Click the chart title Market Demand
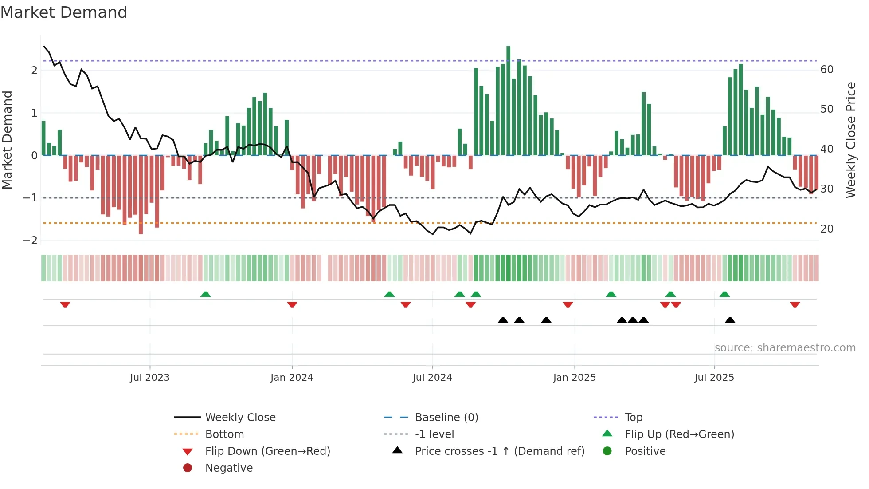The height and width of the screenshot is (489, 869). point(64,12)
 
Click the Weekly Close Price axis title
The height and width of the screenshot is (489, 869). point(850,140)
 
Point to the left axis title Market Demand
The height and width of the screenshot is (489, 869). point(7,140)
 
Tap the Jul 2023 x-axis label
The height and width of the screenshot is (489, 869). point(150,378)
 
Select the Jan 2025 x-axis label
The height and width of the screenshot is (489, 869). point(574,378)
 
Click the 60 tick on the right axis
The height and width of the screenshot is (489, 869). point(826,70)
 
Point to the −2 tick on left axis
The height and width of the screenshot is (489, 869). point(30,241)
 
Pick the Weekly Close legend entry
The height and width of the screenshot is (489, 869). point(240,418)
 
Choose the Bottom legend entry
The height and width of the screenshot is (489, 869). point(224,434)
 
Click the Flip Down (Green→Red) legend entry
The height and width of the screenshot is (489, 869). point(267,451)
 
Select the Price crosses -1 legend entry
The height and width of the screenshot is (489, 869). point(499,451)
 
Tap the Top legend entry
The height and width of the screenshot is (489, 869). point(633,418)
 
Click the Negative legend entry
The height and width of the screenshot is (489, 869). point(229,468)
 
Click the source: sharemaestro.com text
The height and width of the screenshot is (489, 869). point(785,348)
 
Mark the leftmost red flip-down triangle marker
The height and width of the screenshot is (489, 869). point(65,304)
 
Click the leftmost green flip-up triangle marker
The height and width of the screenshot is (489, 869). point(205,294)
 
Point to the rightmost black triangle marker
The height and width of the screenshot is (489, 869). point(730,320)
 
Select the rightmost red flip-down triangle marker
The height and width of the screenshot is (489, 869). point(795,304)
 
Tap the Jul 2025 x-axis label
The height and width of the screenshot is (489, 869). point(714,378)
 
